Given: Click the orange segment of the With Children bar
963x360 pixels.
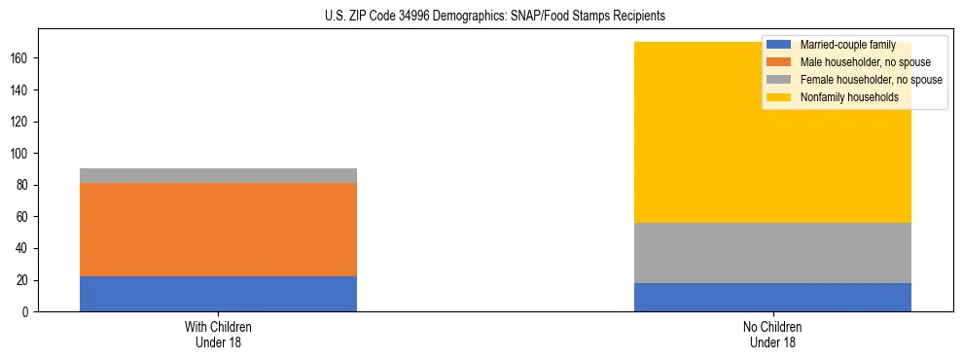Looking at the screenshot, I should tap(218, 230).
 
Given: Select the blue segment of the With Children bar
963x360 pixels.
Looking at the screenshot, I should tap(218, 294).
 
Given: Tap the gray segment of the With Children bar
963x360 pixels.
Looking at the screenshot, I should tap(218, 175).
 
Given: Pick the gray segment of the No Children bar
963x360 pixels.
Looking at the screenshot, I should tap(772, 253).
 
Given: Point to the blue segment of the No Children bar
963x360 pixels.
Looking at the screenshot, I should tap(772, 297).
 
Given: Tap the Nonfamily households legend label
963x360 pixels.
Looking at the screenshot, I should tap(842, 97).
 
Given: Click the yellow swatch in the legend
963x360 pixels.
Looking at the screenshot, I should tap(779, 97).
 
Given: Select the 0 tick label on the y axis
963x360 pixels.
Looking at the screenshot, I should tap(29, 312).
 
